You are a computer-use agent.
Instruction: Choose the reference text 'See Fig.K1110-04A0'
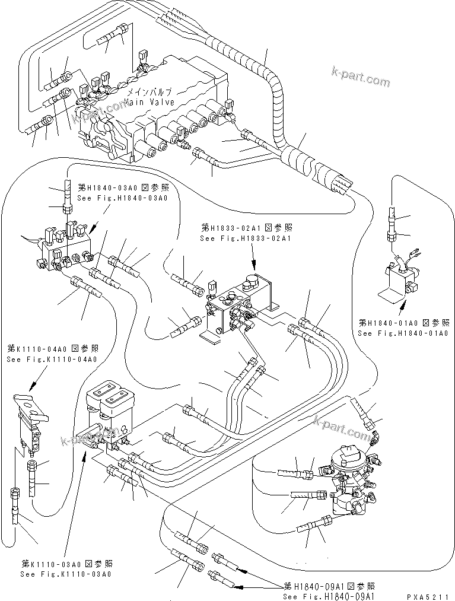click(x=52, y=359)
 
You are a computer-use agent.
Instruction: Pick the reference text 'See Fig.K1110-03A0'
click(x=66, y=574)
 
